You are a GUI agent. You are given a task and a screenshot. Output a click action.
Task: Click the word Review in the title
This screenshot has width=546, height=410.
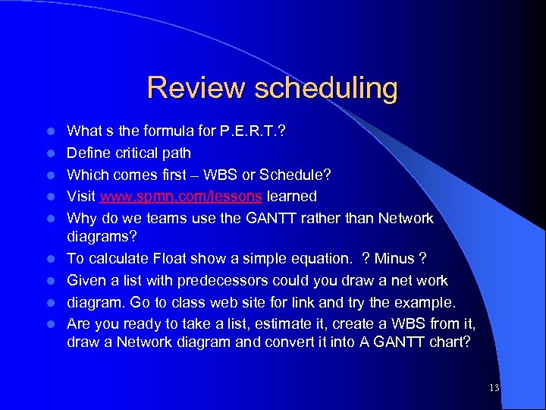pos(196,88)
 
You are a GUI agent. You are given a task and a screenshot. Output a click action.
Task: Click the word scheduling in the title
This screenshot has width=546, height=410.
pos(326,88)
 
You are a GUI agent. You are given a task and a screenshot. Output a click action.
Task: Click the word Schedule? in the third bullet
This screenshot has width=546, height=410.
pos(295,175)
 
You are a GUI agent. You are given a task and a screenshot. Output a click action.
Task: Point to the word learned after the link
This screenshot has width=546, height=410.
pos(292,196)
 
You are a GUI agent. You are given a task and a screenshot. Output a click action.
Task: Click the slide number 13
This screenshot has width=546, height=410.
pos(494,388)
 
